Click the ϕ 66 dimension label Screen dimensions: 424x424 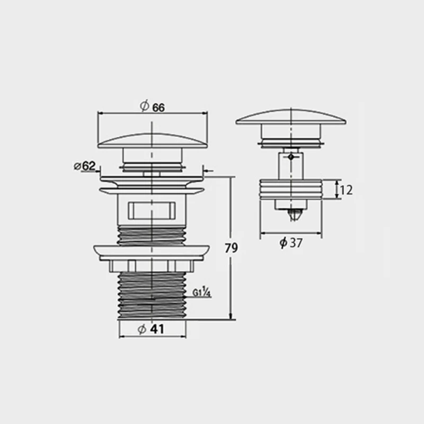pyautogui.click(x=152, y=107)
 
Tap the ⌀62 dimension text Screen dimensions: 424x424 pyautogui.click(x=85, y=166)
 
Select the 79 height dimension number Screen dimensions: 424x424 pyautogui.click(x=231, y=248)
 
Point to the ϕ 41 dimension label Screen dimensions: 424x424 pyautogui.click(x=151, y=329)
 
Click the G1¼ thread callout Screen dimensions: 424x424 pyautogui.click(x=202, y=293)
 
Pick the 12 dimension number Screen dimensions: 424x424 pyautogui.click(x=346, y=190)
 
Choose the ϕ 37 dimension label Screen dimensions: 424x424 pyautogui.click(x=290, y=243)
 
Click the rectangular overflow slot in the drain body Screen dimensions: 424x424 pyautogui.click(x=152, y=210)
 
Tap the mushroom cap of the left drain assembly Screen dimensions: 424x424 pyautogui.click(x=153, y=140)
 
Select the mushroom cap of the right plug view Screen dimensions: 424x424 pyautogui.click(x=291, y=117)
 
